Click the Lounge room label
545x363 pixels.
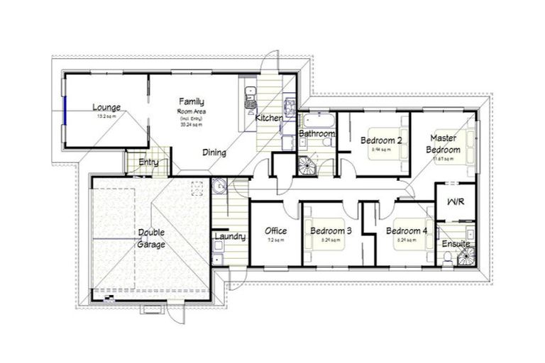tap(106, 108)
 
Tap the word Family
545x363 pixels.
tap(192, 101)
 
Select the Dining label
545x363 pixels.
tap(214, 152)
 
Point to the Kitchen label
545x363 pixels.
tap(268, 117)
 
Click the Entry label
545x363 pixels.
tap(148, 162)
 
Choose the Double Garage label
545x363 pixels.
tap(151, 238)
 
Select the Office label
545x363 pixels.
tap(275, 231)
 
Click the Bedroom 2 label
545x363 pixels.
tap(380, 140)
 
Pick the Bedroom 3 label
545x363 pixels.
tap(329, 231)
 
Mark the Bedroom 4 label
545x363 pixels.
tap(407, 231)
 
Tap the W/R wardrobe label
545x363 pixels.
tap(455, 201)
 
